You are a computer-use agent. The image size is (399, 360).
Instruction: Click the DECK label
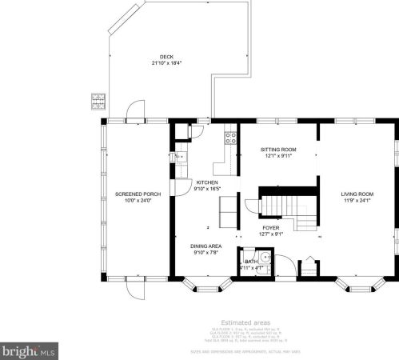coord(166,57)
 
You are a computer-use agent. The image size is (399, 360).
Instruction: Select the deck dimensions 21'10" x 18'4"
coord(166,62)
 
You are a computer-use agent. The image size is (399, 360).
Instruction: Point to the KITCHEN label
coord(206,183)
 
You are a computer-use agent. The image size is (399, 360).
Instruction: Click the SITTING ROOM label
coord(278,150)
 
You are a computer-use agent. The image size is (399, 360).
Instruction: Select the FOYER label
coord(270,227)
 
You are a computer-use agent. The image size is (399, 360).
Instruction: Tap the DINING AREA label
coord(206,246)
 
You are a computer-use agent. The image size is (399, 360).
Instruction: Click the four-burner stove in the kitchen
coord(230,138)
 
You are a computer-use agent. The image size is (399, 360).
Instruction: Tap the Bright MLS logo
coord(29,350)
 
